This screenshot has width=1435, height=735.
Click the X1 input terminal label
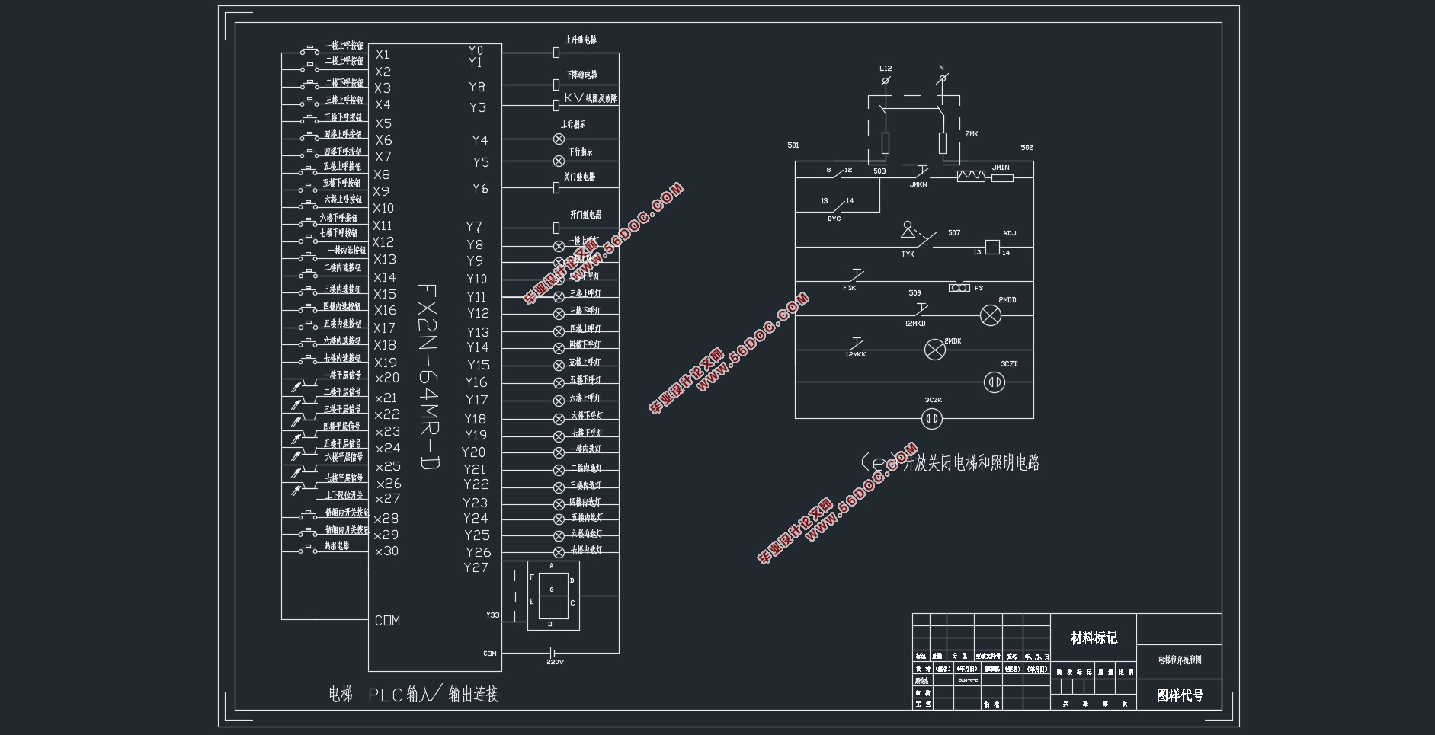pos(382,54)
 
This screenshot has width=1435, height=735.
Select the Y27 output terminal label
pos(476,567)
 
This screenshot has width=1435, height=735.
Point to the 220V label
pos(555,662)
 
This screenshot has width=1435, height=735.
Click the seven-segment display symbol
pos(552,596)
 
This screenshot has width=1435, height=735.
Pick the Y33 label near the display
pos(492,615)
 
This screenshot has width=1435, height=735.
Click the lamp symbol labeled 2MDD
pos(990,316)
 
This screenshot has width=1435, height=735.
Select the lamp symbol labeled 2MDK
pos(934,350)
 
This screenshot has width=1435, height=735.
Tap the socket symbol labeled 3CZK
pos(931,418)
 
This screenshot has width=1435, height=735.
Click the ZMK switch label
pos(971,134)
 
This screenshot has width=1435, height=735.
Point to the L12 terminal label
pos(886,69)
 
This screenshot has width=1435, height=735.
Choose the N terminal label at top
pos(941,68)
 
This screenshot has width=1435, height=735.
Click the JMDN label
pos(1001,168)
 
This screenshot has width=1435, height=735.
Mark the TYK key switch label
pos(907,254)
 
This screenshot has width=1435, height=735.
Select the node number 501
pos(793,145)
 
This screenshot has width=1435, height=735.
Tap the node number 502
pos(1027,148)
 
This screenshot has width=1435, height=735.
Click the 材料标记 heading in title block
pos(1094,638)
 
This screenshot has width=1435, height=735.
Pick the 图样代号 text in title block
pos(1180,695)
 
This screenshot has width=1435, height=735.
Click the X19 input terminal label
pos(385,363)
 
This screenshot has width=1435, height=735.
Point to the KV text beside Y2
pos(573,97)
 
